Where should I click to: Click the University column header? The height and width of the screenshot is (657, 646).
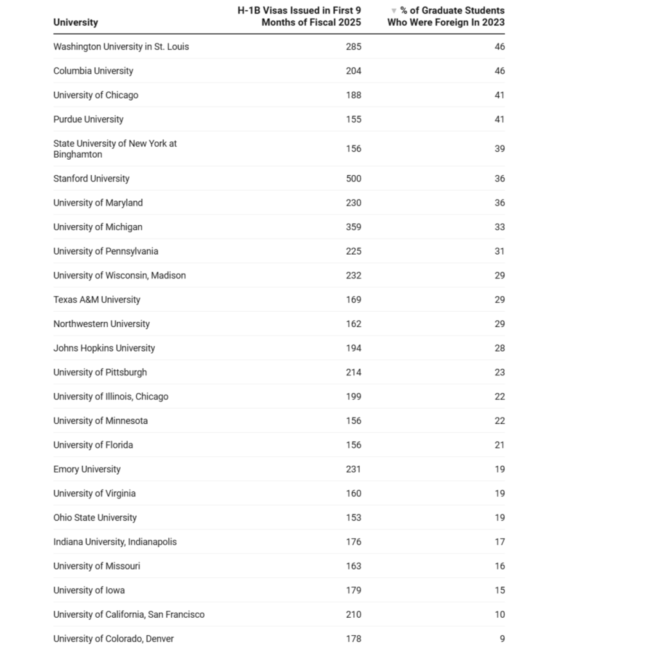[76, 22]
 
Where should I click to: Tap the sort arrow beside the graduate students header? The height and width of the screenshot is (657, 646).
[394, 11]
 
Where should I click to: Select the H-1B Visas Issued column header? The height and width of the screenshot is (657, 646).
[299, 16]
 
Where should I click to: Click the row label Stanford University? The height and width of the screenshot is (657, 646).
[91, 178]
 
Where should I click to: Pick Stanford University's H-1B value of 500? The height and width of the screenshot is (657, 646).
[353, 178]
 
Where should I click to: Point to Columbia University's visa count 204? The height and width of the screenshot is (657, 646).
[353, 71]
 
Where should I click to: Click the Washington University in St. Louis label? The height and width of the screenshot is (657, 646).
[121, 47]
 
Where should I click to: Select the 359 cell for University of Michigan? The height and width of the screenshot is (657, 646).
[353, 227]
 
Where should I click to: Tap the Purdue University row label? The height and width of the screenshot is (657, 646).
[88, 119]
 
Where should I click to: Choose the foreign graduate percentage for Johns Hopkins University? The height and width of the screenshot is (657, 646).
[500, 348]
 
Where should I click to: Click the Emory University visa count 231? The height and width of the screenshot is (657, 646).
[353, 469]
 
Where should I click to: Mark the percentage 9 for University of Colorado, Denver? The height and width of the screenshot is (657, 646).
[502, 638]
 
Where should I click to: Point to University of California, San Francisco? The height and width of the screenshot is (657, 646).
[128, 615]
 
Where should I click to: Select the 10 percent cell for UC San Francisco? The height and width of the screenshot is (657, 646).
[500, 615]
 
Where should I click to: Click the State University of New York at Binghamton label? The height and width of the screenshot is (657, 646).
[114, 149]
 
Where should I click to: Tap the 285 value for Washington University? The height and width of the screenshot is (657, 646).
[353, 47]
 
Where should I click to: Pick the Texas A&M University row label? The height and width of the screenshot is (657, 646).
[96, 300]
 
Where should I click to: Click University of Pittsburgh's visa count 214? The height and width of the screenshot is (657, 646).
[353, 372]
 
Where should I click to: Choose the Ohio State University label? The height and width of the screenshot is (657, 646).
[95, 518]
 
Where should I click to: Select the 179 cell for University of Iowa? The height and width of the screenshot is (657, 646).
[353, 590]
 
